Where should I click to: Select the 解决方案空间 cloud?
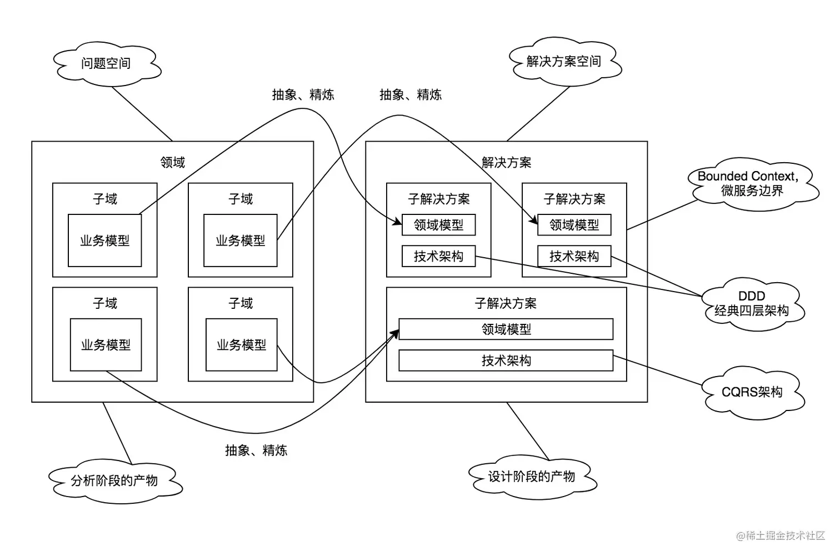click(563, 62)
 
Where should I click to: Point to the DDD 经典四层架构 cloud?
click(751, 304)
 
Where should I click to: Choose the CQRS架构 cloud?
click(751, 392)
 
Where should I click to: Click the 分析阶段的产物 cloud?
click(114, 480)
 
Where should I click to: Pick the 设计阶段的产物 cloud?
click(531, 477)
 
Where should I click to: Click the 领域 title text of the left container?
click(172, 163)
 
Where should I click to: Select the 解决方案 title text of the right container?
click(506, 163)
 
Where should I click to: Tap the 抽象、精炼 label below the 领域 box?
click(256, 450)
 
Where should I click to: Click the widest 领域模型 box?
click(506, 329)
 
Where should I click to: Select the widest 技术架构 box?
click(506, 360)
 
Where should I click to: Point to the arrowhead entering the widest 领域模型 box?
click(396, 333)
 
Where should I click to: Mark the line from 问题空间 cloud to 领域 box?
click(142, 114)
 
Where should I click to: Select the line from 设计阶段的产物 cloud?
click(527, 431)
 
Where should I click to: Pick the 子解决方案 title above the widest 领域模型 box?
click(506, 304)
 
